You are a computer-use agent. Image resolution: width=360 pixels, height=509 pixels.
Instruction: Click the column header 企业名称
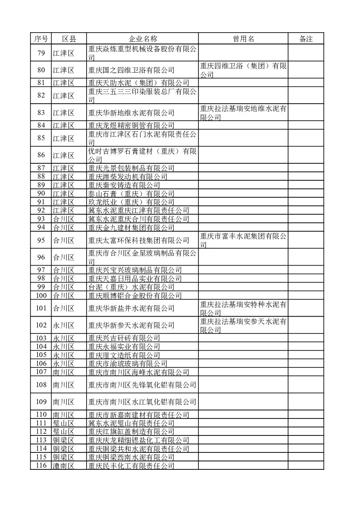pyautogui.click(x=142, y=39)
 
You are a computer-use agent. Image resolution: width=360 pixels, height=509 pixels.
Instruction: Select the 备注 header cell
pyautogui.click(x=306, y=39)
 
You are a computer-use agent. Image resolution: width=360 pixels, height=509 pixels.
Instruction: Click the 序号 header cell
pyautogui.click(x=41, y=39)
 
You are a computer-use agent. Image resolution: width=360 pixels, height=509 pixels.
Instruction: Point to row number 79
pyautogui.click(x=41, y=53)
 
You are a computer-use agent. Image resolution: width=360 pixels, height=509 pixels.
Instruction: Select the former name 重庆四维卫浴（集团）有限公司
pyautogui.click(x=243, y=70)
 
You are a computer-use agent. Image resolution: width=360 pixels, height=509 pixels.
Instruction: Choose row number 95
pyautogui.click(x=41, y=240)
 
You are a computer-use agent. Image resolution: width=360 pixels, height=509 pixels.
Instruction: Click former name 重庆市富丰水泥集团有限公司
pyautogui.click(x=243, y=240)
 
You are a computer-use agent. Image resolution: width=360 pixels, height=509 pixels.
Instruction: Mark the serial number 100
pyautogui.click(x=41, y=296)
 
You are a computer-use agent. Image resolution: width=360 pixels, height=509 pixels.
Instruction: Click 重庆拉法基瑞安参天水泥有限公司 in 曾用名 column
pyautogui.click(x=243, y=325)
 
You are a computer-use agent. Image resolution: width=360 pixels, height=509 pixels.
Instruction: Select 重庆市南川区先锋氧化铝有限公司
pyautogui.click(x=142, y=385)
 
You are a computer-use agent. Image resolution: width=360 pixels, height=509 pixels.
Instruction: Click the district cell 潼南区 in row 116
pyautogui.click(x=64, y=466)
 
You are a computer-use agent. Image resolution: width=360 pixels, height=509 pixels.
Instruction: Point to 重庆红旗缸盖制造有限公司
pyautogui.click(x=131, y=431)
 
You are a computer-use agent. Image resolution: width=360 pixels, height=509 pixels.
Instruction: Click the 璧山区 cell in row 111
pyautogui.click(x=64, y=423)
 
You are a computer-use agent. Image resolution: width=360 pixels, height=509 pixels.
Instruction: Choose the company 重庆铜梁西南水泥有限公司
pyautogui.click(x=131, y=457)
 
